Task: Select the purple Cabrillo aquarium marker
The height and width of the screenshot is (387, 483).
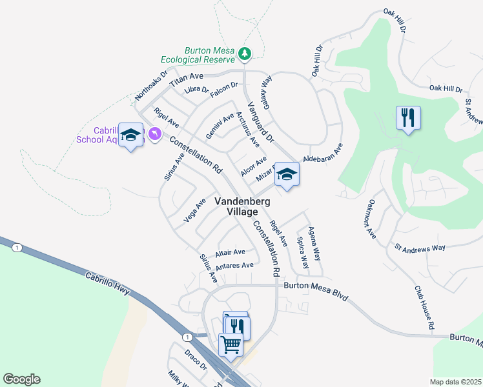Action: pos(154,134)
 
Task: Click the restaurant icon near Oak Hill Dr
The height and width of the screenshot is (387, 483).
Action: pos(407,118)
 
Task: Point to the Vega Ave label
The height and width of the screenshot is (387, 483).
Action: pos(194,210)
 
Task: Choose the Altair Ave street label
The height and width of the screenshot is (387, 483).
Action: pos(231,252)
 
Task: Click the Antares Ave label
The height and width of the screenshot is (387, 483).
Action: pos(235,265)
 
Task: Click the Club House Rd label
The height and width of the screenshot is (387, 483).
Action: pos(424,309)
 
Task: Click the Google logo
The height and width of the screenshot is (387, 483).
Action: pos(21,379)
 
